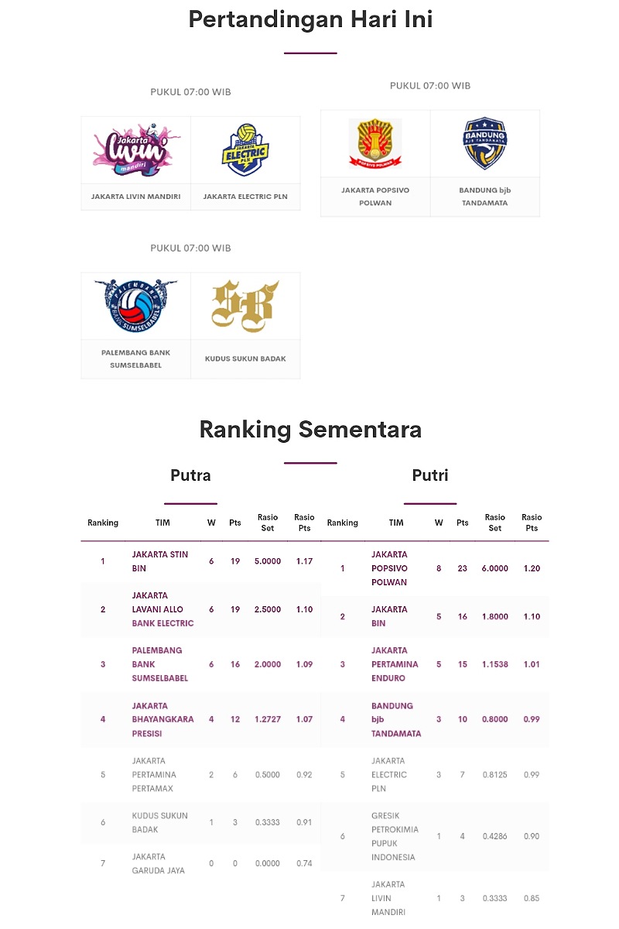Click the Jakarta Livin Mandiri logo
(135, 149)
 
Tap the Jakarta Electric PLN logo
(245, 149)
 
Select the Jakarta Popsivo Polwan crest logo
(375, 143)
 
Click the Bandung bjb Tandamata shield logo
(485, 143)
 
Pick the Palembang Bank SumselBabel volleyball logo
(135, 305)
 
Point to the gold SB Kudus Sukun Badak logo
(245, 305)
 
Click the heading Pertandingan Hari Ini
(310, 19)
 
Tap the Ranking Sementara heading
(310, 429)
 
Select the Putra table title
(190, 475)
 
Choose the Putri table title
(430, 475)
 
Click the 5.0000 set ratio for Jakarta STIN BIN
(268, 561)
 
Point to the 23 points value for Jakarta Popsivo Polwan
(463, 568)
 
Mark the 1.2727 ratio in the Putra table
(268, 719)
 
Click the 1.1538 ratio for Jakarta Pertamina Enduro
(495, 664)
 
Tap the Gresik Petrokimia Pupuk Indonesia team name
(395, 836)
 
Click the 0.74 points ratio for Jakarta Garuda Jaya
(304, 863)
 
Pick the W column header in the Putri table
(439, 523)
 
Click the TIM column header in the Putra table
(162, 523)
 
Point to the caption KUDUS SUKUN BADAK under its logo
(245, 358)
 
